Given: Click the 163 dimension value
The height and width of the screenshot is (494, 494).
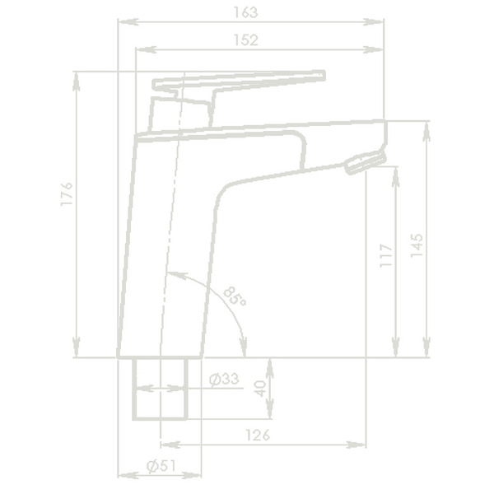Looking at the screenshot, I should tap(246, 12).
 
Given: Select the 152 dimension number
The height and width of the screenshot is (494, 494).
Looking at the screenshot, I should tap(246, 40).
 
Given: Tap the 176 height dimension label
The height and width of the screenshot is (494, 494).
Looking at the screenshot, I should tap(68, 196).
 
